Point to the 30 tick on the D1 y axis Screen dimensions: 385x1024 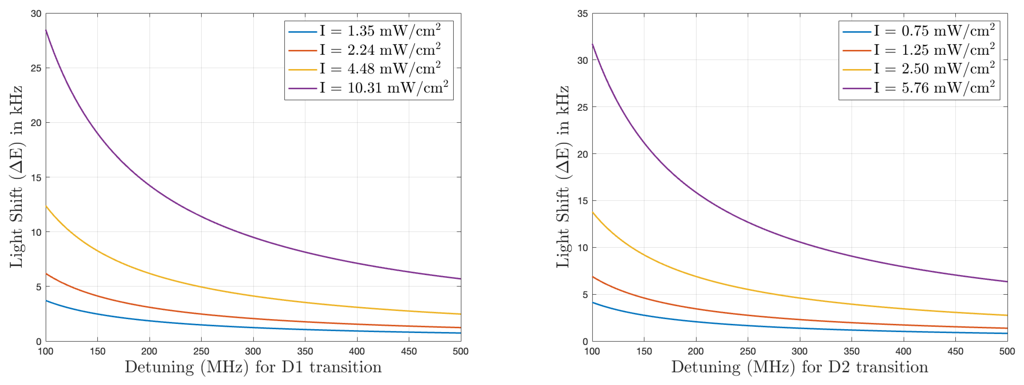pyautogui.click(x=36, y=14)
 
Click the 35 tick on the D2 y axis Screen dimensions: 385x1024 pyautogui.click(x=582, y=14)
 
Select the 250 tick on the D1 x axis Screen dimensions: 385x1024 pyautogui.click(x=201, y=351)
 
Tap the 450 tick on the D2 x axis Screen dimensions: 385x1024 pyautogui.click(x=955, y=351)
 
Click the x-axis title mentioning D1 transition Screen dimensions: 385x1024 pyautogui.click(x=253, y=367)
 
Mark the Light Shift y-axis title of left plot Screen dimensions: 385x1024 pyautogui.click(x=16, y=177)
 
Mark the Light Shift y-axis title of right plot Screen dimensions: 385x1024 pyautogui.click(x=562, y=177)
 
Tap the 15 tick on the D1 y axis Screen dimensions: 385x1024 pyautogui.click(x=36, y=178)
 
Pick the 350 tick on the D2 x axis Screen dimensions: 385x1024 pyautogui.click(x=852, y=351)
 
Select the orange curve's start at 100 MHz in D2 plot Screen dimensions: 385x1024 pyautogui.click(x=593, y=277)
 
